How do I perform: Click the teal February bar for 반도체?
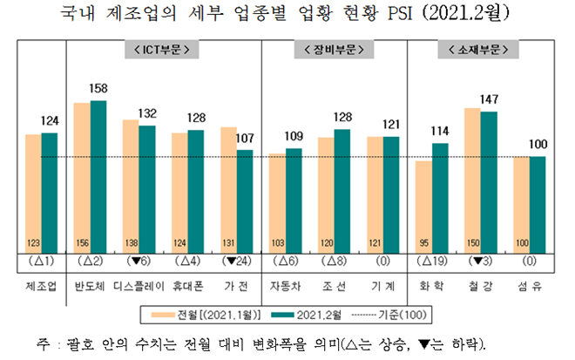98,174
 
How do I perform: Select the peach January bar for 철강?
473,179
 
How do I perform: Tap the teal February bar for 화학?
440,196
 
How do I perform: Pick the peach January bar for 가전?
229,187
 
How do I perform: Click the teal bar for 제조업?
49,192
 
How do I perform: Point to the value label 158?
98,89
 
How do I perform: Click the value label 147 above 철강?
489,99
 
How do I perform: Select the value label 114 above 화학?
440,132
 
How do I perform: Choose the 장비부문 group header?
335,48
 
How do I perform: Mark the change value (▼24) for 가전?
237,261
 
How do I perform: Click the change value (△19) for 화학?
431,261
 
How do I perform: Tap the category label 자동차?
286,284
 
